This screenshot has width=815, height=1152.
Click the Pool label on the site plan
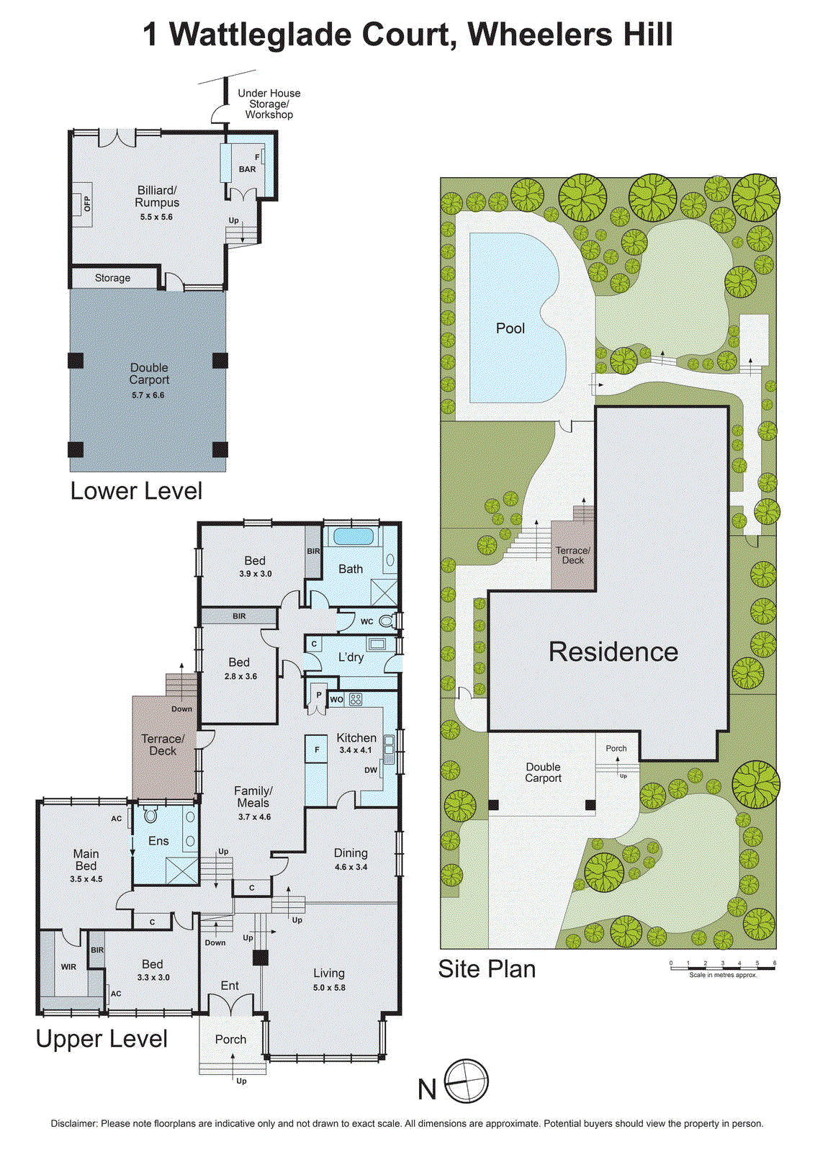510,328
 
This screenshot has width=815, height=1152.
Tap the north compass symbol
467,1081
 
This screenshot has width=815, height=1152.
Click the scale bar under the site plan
722,967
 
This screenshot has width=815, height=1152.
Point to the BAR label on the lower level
247,170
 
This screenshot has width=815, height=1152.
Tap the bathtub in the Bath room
353,537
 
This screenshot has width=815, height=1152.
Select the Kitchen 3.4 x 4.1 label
356,742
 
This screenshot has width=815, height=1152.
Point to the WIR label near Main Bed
68,967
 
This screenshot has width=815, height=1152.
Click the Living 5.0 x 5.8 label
328,979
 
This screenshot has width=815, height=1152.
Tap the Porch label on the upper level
230,1039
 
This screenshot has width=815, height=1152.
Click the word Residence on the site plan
613,652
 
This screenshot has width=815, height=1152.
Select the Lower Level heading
136,491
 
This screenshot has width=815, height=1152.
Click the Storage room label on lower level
112,278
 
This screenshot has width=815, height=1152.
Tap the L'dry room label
351,657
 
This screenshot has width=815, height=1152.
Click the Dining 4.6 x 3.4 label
351,859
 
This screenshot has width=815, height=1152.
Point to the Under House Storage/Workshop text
269,104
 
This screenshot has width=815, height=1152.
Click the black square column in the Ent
260,958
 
